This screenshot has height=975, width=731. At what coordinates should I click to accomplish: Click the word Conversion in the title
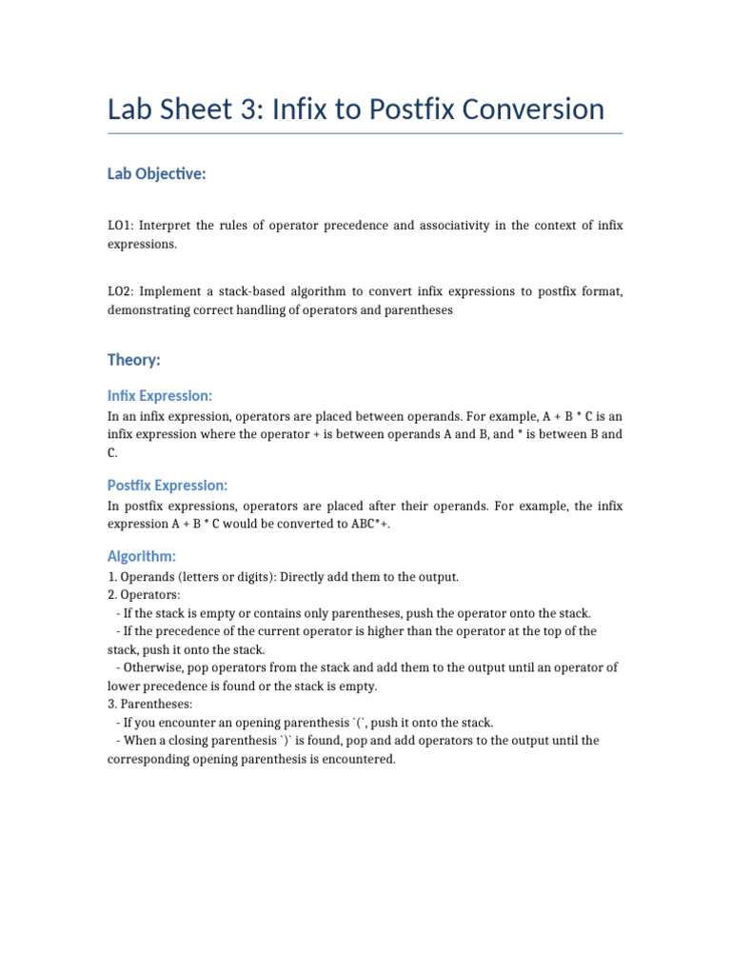click(x=533, y=109)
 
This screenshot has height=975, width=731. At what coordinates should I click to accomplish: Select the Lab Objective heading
click(x=157, y=174)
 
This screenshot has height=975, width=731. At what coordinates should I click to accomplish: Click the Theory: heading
click(x=134, y=360)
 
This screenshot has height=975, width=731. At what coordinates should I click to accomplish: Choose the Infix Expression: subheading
click(x=160, y=395)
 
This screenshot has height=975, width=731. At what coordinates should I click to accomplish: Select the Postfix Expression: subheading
click(x=168, y=486)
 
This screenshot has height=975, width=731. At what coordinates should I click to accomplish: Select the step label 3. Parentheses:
click(x=149, y=704)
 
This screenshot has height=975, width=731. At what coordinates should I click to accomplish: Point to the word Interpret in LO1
click(x=168, y=226)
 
